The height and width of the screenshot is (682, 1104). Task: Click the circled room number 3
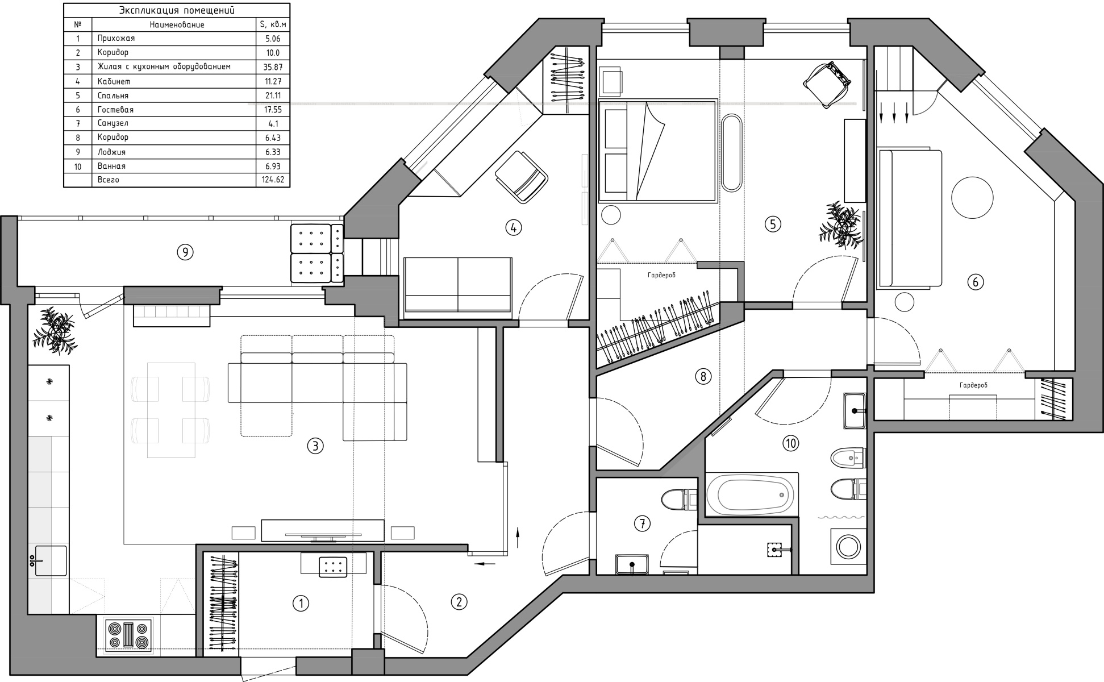point(315,446)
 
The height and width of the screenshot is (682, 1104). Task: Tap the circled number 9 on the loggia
point(185,252)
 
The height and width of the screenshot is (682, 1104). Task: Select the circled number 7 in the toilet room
point(642,523)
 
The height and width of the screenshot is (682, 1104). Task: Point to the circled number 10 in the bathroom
point(791,443)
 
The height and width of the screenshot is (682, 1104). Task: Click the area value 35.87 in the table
point(273,67)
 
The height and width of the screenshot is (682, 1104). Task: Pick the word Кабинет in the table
point(114,81)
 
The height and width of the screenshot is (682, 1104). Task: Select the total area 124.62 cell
point(273,180)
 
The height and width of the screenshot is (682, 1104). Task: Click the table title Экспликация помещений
point(177,10)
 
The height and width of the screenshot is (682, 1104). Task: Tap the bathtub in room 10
point(752,494)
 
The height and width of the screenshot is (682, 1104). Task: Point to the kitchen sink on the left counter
point(51,561)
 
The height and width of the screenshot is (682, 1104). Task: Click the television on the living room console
point(322,534)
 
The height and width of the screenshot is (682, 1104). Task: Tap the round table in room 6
point(972,197)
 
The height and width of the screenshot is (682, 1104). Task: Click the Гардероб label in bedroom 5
point(661,275)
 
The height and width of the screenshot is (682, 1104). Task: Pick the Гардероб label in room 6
point(973,385)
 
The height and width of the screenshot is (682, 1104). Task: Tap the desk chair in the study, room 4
point(521,176)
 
